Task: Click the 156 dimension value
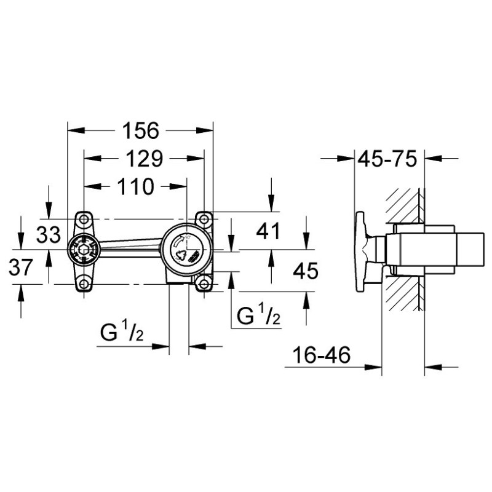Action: coord(141,130)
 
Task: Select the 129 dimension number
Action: coord(145,159)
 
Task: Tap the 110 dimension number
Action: coord(136,186)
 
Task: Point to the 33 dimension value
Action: coord(49,235)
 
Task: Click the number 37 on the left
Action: coord(21,268)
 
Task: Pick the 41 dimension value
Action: coord(268,232)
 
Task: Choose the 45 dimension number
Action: coord(305,271)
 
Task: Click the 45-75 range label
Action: coord(387,159)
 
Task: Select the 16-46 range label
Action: coord(321,355)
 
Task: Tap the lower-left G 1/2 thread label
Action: coord(122,333)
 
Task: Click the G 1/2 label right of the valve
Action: coord(258,315)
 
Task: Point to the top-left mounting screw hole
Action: coord(84,219)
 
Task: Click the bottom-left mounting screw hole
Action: coord(84,284)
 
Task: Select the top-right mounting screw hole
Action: coord(204,218)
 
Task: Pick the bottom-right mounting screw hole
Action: coord(204,284)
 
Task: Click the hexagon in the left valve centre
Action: coord(84,250)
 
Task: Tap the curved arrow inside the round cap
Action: coord(178,242)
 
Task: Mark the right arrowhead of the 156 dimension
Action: coord(205,130)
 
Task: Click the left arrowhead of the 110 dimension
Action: coord(93,186)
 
